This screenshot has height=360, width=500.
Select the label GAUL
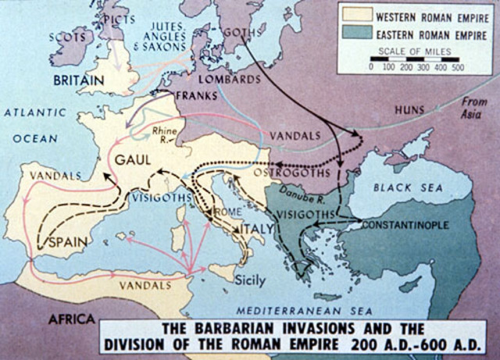133,160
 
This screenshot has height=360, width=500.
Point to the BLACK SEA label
407,188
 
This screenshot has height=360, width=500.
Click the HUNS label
412,109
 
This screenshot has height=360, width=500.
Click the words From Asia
474,105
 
